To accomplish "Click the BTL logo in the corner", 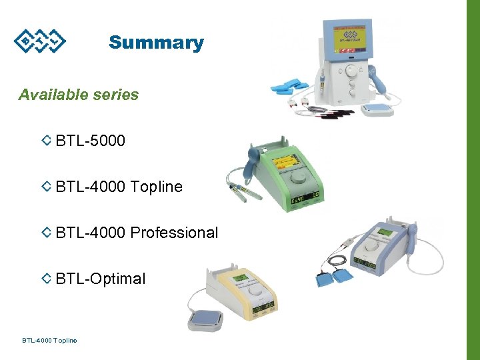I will click(40, 41).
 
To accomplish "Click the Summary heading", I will click(156, 43).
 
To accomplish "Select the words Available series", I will click(79, 95).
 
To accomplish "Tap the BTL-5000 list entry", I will click(91, 141).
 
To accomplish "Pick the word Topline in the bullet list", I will click(157, 187).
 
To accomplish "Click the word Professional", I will click(175, 233).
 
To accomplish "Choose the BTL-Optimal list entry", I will click(101, 279).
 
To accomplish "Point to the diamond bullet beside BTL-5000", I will click(47, 141).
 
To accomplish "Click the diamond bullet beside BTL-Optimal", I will click(47, 279).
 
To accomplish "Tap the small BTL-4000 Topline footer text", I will click(49, 341).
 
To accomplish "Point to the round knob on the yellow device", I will click(255, 291).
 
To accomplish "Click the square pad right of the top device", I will click(377, 108).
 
